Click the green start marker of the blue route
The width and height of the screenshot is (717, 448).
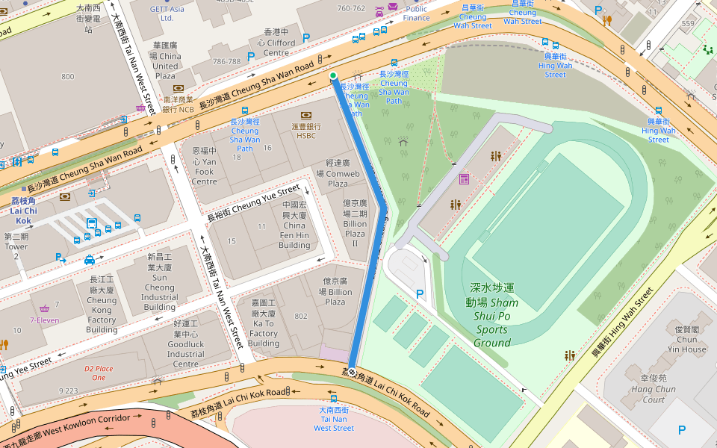tap(333, 75)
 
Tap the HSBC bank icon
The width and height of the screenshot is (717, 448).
tap(306, 115)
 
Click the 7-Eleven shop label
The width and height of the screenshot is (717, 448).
tap(44, 320)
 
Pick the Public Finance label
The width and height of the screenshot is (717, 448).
tap(416, 13)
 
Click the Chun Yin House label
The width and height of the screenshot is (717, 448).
tap(687, 339)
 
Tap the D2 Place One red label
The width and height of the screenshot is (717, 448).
tap(99, 373)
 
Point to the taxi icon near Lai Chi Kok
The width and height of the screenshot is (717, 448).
tap(90, 259)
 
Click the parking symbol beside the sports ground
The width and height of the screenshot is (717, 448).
tap(419, 294)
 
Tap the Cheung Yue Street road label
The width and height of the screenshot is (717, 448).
tap(253, 202)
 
